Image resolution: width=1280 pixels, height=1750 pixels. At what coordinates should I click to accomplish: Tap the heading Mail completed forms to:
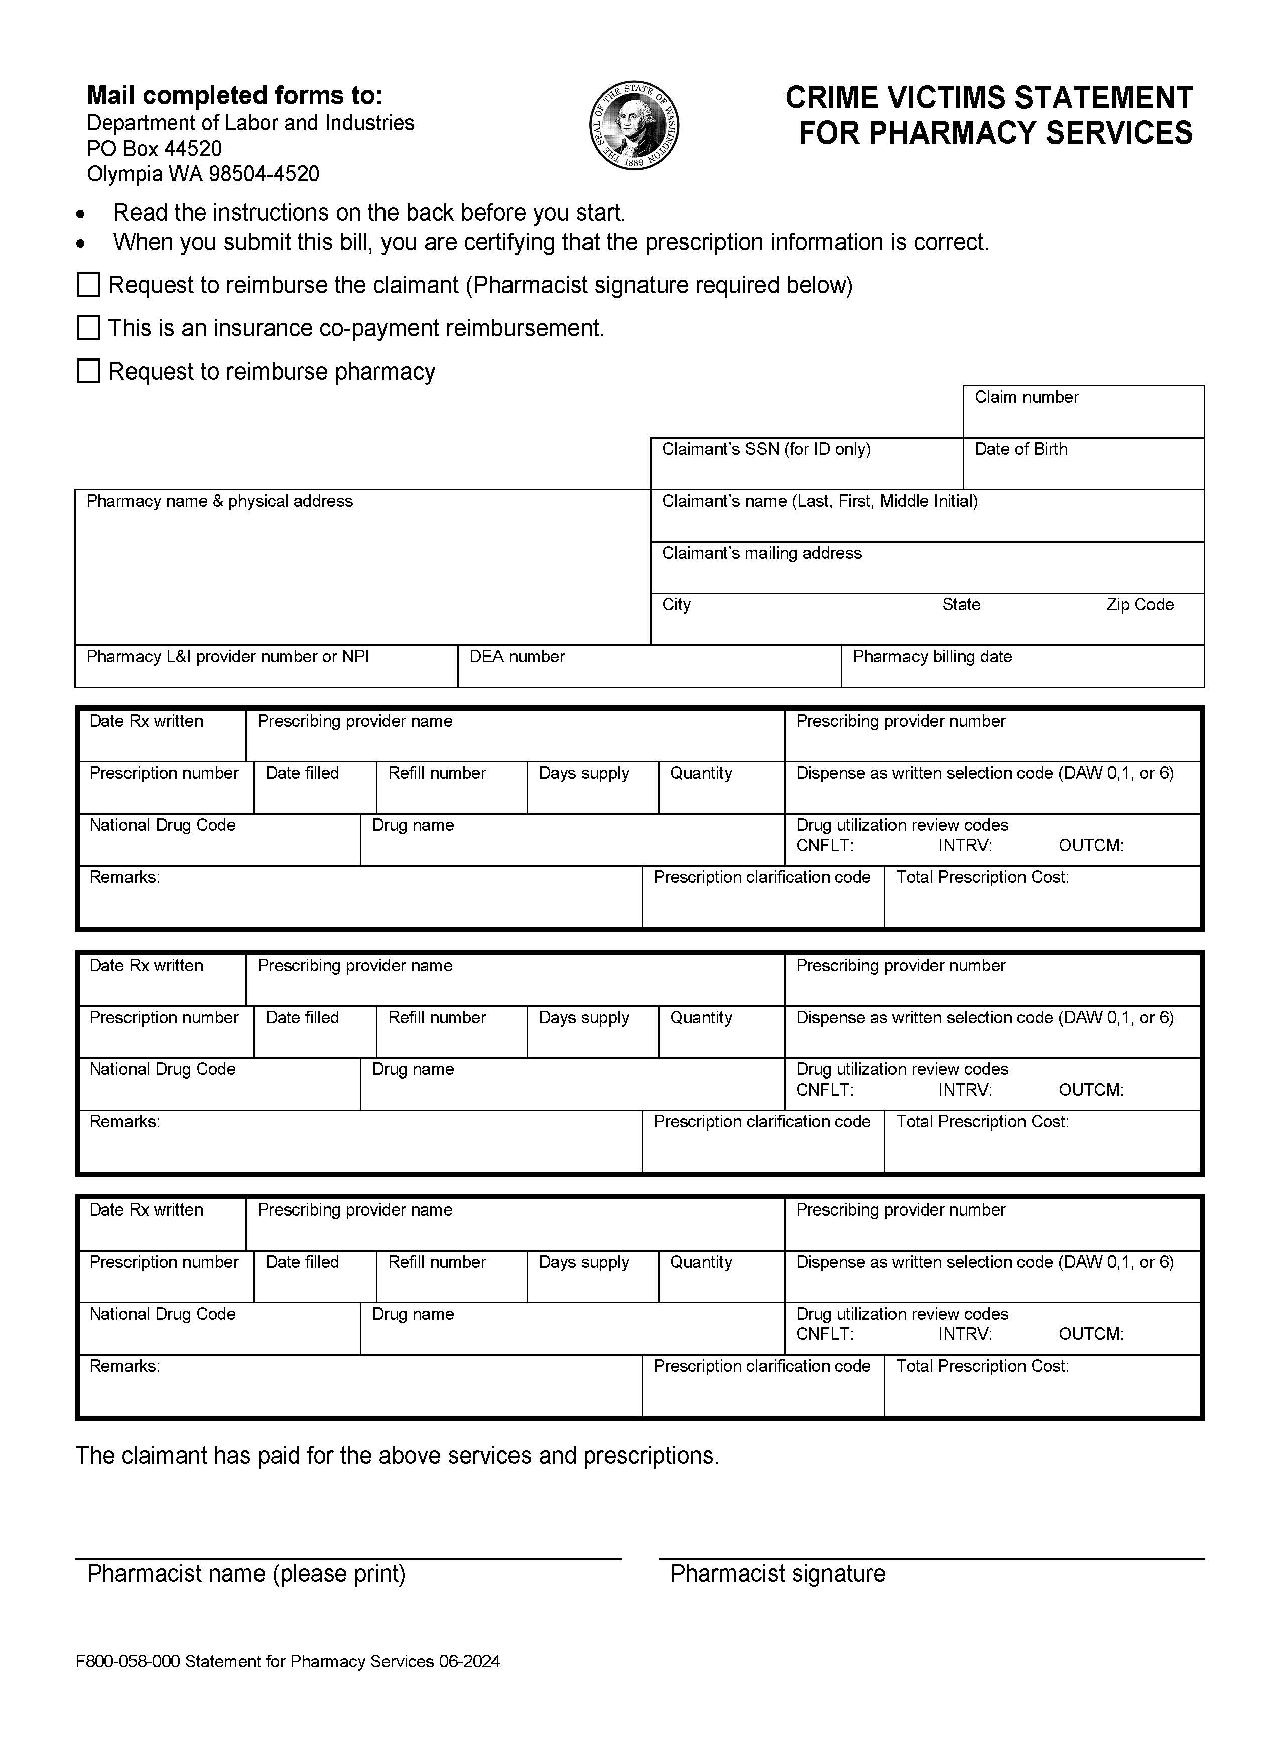[x=234, y=95]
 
